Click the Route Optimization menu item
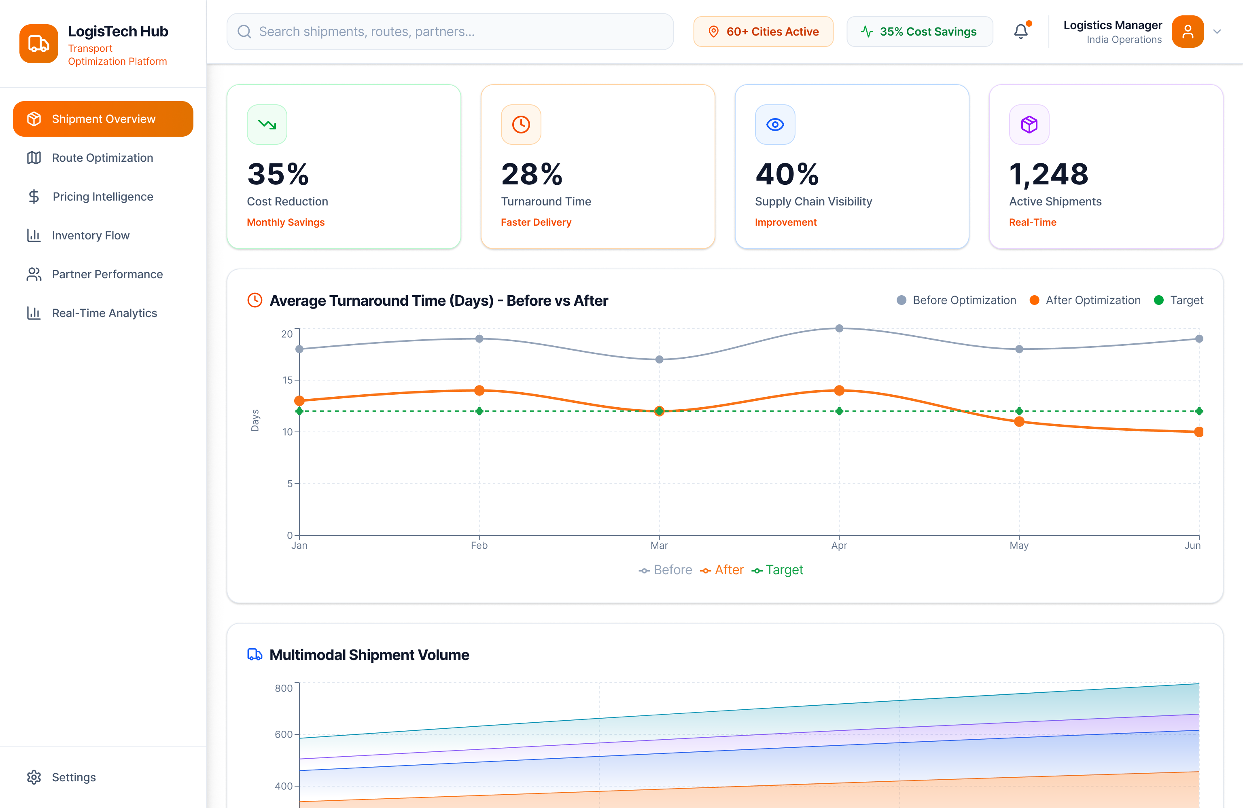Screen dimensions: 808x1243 tap(102, 158)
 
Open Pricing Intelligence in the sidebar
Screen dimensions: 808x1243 tap(102, 197)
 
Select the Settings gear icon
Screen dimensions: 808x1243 tap(34, 777)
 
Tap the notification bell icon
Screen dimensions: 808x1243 tap(1020, 32)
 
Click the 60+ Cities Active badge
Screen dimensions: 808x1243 tap(763, 32)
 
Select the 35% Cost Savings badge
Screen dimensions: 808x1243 tap(919, 32)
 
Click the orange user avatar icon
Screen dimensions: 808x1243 tap(1187, 32)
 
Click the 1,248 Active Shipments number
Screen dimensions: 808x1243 tap(1049, 174)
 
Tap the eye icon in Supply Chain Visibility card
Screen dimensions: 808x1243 tap(775, 124)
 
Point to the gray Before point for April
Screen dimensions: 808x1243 tap(839, 328)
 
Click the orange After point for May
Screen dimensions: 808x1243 tap(1019, 422)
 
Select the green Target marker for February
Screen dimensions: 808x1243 tap(479, 411)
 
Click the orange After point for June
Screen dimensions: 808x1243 tap(1198, 431)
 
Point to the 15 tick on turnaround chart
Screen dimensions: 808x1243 tap(287, 380)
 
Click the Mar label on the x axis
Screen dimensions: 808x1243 tap(659, 546)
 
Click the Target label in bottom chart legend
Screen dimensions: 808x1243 tap(784, 570)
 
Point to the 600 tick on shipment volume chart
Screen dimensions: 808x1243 tap(284, 734)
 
